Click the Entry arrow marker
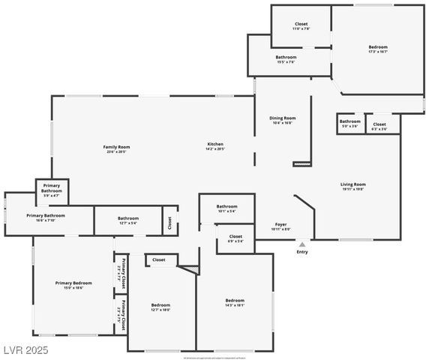click(x=302, y=244)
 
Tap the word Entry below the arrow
click(x=302, y=252)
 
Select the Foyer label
click(x=280, y=224)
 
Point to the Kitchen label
click(x=215, y=144)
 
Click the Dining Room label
click(x=283, y=118)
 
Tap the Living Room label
click(x=352, y=184)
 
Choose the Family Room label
click(x=117, y=147)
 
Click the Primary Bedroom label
click(x=73, y=283)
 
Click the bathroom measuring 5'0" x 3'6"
click(x=349, y=121)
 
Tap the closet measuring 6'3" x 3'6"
click(x=379, y=124)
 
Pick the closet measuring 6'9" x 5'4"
click(x=235, y=238)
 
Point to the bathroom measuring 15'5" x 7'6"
click(x=286, y=58)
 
